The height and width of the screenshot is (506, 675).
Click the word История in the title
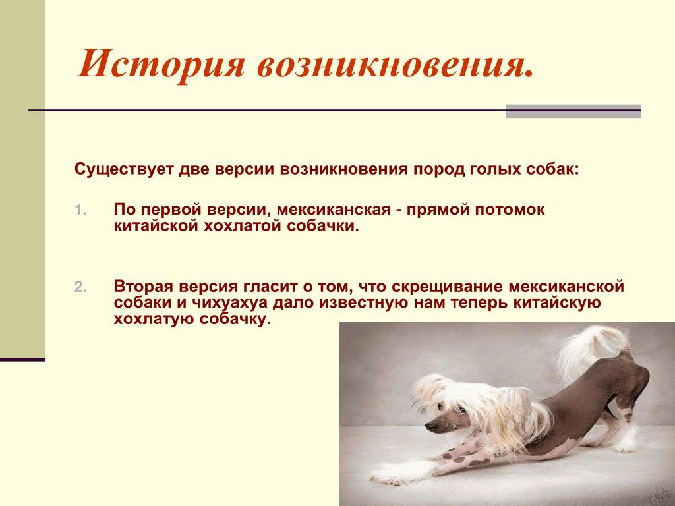click(x=161, y=65)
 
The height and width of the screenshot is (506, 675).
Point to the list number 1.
click(x=80, y=210)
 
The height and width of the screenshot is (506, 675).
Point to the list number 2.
click(x=80, y=287)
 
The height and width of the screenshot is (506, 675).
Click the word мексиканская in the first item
click(x=334, y=210)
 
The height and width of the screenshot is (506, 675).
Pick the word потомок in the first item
click(x=510, y=210)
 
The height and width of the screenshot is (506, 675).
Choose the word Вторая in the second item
click(x=143, y=286)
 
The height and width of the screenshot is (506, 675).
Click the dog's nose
click(x=430, y=426)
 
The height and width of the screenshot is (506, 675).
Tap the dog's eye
click(x=460, y=409)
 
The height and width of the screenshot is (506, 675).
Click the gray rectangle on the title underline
click(x=573, y=111)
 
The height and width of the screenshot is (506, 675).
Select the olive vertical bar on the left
click(x=22, y=179)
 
